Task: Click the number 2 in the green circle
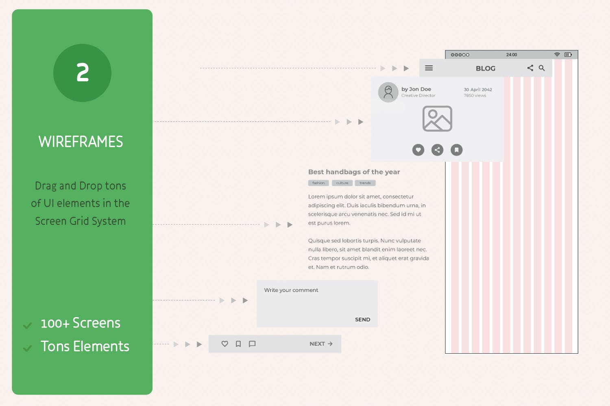(83, 73)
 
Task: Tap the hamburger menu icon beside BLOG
(429, 68)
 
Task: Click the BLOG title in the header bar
(486, 68)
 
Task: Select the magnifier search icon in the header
(542, 68)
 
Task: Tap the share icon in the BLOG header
(530, 68)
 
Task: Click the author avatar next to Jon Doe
(388, 92)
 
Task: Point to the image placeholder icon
(437, 119)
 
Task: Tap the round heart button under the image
(418, 150)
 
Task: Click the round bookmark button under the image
(456, 150)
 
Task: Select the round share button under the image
(437, 150)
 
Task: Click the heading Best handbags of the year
(354, 172)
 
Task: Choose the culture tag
(342, 183)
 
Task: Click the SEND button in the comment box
(362, 320)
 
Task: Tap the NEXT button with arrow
(321, 344)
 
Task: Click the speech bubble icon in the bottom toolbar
(252, 344)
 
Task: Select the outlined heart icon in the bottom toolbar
(224, 344)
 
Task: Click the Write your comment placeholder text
(291, 290)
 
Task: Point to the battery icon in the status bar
(568, 55)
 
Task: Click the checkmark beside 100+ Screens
(28, 325)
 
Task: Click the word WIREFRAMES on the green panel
(81, 142)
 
